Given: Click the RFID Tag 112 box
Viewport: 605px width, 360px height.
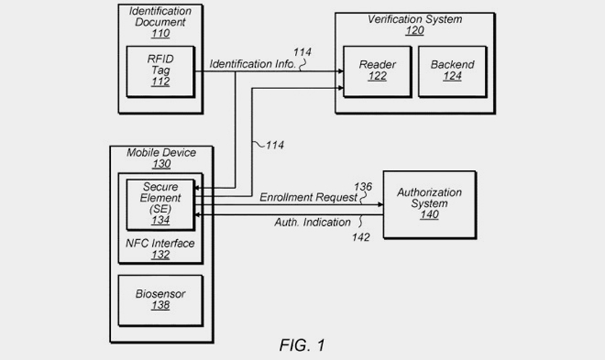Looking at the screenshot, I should pyautogui.click(x=160, y=71).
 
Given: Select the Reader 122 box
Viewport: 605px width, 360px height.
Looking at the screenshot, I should pyautogui.click(x=377, y=71).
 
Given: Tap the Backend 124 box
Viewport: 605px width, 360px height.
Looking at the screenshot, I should pyautogui.click(x=452, y=71).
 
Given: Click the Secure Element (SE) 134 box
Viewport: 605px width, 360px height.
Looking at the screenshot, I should pyautogui.click(x=160, y=204).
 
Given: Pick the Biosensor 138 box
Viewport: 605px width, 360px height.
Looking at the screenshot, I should pyautogui.click(x=160, y=300).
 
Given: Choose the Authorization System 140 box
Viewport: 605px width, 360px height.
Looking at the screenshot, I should pyautogui.click(x=429, y=204).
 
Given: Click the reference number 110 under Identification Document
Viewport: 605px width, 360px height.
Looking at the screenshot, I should pyautogui.click(x=159, y=34).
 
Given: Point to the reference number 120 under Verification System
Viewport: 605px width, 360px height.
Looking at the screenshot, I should pyautogui.click(x=414, y=31).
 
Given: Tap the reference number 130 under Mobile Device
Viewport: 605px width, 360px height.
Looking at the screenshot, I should pyautogui.click(x=161, y=164).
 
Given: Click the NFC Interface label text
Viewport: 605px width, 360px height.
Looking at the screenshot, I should pyautogui.click(x=161, y=243).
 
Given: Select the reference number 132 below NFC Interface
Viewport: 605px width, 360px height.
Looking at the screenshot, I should pyautogui.click(x=161, y=255).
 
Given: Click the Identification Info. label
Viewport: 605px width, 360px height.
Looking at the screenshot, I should pyautogui.click(x=253, y=64).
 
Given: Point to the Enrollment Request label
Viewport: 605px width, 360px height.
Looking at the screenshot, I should pyautogui.click(x=309, y=197).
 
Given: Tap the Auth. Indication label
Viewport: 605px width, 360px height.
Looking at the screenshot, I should pyautogui.click(x=312, y=222).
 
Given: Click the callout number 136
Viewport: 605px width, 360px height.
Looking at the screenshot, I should pyautogui.click(x=362, y=187).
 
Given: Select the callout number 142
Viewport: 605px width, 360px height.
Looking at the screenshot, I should pyautogui.click(x=360, y=237).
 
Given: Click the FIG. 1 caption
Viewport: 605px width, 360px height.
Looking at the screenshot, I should pyautogui.click(x=301, y=346).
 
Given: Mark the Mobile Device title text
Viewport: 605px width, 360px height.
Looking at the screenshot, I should pyautogui.click(x=161, y=153).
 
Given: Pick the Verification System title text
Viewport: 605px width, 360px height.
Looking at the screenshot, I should pyautogui.click(x=414, y=20).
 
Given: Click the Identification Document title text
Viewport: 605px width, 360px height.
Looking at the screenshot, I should pyautogui.click(x=159, y=17).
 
